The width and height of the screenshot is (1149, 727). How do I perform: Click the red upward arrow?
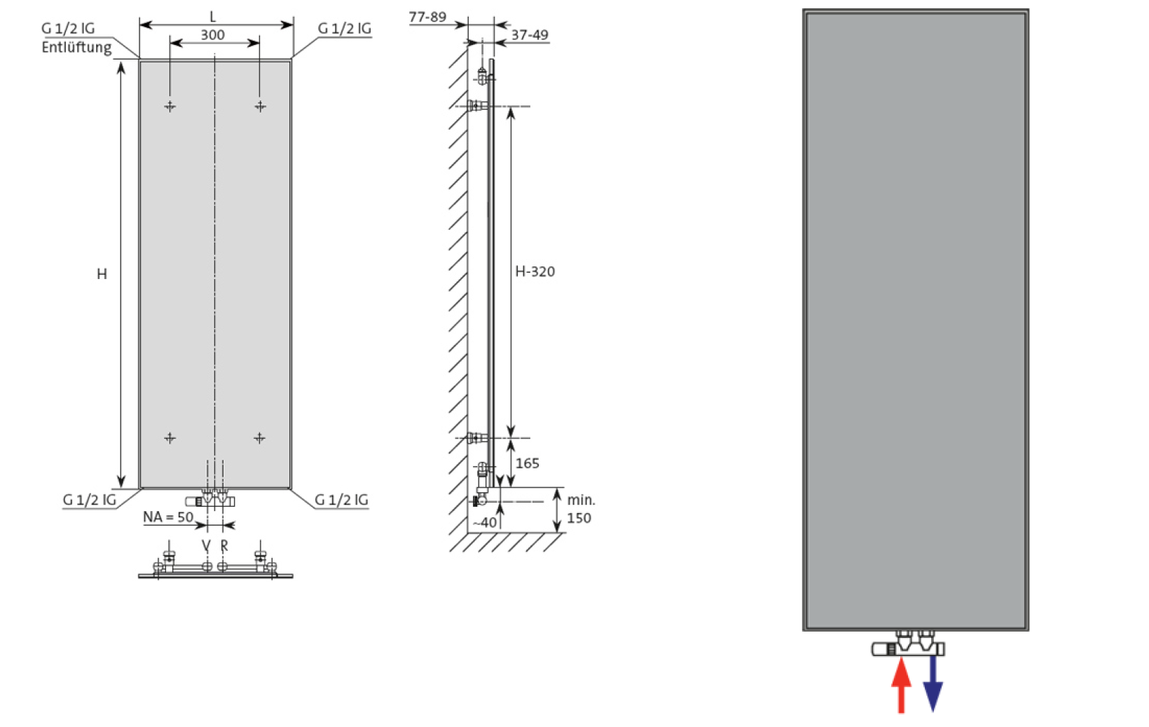point(901,686)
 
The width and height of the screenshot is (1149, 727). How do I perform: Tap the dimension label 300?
point(212,35)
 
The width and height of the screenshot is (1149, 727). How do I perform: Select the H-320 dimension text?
point(535,271)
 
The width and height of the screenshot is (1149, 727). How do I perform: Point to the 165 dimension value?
point(528,463)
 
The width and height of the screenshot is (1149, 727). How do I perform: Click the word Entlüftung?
point(76,47)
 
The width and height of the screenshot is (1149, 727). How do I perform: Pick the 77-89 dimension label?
point(427,18)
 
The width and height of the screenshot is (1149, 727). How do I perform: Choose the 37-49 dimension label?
point(530,35)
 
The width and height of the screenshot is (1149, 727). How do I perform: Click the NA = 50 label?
point(168,517)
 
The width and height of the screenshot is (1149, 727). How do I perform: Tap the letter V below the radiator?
point(206,545)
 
